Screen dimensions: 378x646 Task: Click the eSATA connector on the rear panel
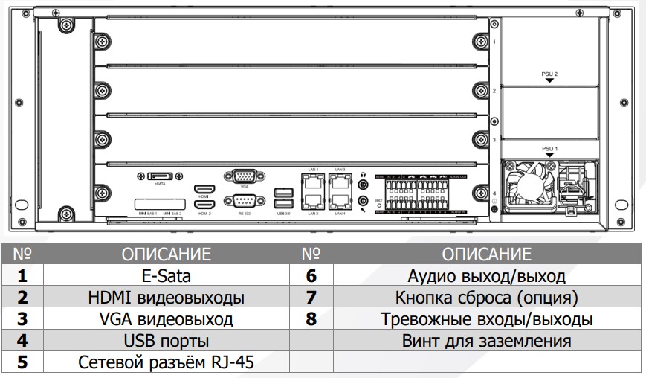point(159,176)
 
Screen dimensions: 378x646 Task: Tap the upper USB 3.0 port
point(282,191)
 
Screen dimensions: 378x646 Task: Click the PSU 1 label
point(549,149)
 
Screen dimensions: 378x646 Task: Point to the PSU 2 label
point(549,74)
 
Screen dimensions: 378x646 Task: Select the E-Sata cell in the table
point(166,276)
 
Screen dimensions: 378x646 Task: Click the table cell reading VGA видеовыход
point(166,319)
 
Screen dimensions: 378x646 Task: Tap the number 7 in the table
point(311,298)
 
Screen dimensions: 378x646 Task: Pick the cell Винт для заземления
point(486,341)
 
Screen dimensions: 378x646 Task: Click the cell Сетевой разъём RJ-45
point(166,363)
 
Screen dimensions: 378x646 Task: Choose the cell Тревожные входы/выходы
point(486,319)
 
